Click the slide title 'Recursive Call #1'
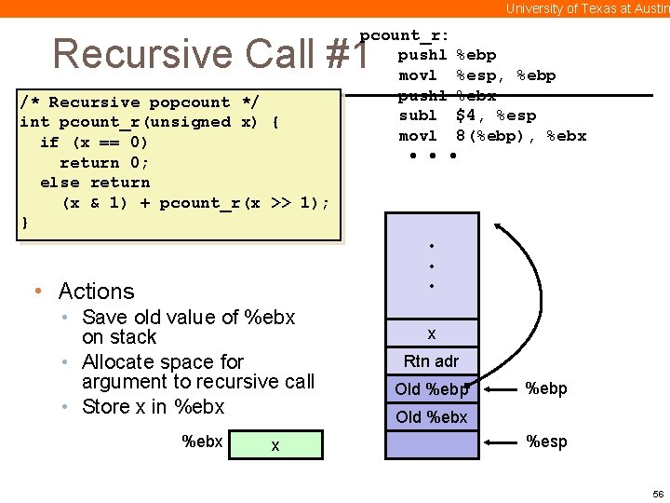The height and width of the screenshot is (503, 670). pyautogui.click(x=210, y=54)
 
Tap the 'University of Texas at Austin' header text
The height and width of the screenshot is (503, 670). pyautogui.click(x=587, y=8)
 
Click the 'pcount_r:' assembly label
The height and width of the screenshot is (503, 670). pyautogui.click(x=405, y=35)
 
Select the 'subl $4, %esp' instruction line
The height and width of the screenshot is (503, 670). pyautogui.click(x=467, y=116)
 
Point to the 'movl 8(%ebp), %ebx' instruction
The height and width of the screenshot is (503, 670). pyautogui.click(x=492, y=136)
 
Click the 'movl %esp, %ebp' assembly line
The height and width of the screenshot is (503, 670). pyautogui.click(x=476, y=75)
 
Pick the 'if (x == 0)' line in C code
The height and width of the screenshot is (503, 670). pyautogui.click(x=93, y=143)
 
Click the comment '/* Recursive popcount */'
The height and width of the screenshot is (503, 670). pyautogui.click(x=140, y=102)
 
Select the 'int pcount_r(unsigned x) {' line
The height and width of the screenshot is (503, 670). pyautogui.click(x=150, y=122)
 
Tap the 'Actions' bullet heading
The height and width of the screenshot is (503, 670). pyautogui.click(x=96, y=292)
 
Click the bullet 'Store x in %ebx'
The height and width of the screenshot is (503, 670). pyautogui.click(x=153, y=407)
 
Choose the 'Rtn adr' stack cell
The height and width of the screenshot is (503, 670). pyautogui.click(x=431, y=361)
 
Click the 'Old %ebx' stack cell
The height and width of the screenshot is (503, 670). pyautogui.click(x=431, y=416)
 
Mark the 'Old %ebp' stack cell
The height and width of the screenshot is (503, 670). pyautogui.click(x=431, y=389)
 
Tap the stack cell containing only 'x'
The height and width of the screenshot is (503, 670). pyautogui.click(x=431, y=333)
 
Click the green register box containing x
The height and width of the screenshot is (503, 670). pyautogui.click(x=275, y=444)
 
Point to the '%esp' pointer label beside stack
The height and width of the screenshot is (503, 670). pyautogui.click(x=546, y=442)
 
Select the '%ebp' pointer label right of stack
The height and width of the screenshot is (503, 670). pyautogui.click(x=546, y=388)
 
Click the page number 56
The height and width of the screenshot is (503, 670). pyautogui.click(x=658, y=492)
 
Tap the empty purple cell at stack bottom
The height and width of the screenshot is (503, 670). pyautogui.click(x=431, y=444)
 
